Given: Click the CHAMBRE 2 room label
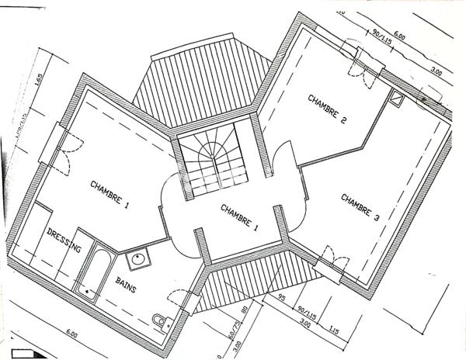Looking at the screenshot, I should [327, 109].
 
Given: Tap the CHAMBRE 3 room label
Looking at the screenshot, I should [360, 208].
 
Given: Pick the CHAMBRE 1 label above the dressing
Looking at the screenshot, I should [110, 193].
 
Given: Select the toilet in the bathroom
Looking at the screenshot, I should [162, 320].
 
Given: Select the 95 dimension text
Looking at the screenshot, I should [283, 298].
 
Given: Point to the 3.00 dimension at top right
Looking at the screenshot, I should [436, 72].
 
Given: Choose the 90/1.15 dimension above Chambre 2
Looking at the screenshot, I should [380, 37].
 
